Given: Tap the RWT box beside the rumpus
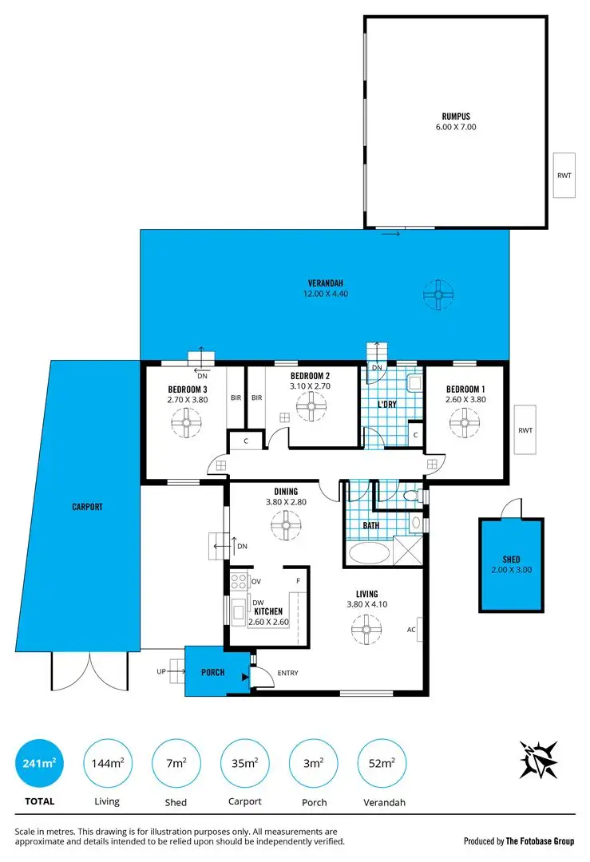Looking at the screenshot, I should coord(564,174).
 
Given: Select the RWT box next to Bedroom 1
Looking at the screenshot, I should coord(525,430).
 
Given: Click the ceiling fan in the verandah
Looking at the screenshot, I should coord(438,295).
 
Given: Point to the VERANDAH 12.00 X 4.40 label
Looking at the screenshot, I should coord(325,288).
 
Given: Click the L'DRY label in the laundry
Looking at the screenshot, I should coord(386,405).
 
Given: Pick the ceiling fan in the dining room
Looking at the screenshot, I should coord(285,525).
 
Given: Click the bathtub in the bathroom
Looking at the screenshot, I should coord(369,553).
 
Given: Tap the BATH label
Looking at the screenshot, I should coord(370,526).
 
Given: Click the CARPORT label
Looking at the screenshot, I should coord(86,507).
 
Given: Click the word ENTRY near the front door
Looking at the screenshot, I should coord(287,673).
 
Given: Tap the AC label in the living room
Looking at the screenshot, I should coord(411,630).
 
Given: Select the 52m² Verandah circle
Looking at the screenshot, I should coord(382,764).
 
